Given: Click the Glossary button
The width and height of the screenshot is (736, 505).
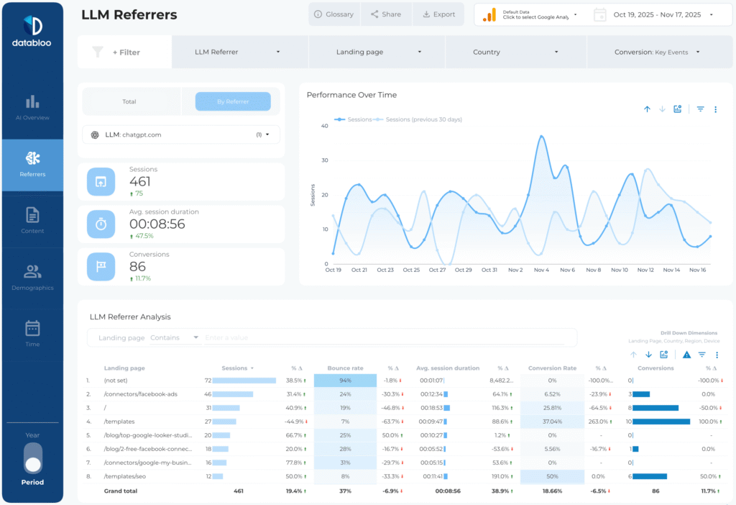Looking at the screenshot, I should pos(334,14).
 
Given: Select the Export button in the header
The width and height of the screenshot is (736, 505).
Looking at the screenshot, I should pos(438,14).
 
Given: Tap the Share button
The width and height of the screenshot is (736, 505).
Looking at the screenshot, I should pos(386,14).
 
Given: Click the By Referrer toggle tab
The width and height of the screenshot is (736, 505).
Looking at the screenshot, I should pos(233,101).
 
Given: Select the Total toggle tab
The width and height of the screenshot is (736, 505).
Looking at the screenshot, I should pos(129,101).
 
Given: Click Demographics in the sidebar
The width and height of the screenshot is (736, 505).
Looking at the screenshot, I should pos(32,277).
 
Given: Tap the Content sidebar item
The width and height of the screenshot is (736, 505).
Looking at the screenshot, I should pos(32,220).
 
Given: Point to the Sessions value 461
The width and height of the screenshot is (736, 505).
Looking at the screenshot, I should pos(140,181).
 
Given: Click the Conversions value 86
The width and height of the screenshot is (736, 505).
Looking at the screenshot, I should pos(137,266).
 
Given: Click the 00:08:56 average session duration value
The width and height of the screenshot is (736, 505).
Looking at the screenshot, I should pos(157,224).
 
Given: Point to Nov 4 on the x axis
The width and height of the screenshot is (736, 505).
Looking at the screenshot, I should pos(541,270).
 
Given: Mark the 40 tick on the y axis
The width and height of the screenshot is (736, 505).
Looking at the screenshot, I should pos(324,126).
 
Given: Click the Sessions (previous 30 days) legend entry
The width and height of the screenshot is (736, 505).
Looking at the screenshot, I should pos(423,119).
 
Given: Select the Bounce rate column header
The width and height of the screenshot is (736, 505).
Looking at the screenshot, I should pos(344,368).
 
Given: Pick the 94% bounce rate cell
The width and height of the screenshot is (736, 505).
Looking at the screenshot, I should pos(345,381).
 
